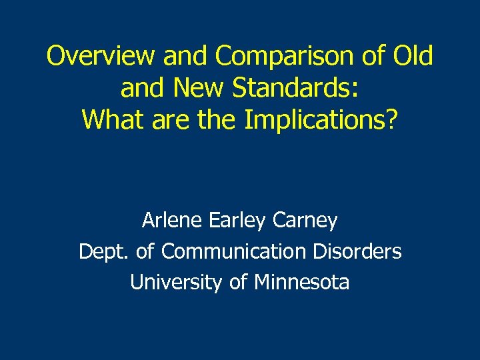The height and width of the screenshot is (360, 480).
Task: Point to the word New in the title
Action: pyautogui.click(x=188, y=88)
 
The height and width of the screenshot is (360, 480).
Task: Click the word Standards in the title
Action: pyautogui.click(x=293, y=88)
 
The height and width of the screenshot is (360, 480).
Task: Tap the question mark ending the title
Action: pyautogui.click(x=392, y=119)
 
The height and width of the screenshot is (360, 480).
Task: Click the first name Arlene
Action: pyautogui.click(x=172, y=220)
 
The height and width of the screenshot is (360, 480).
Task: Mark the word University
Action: pyautogui.click(x=176, y=282)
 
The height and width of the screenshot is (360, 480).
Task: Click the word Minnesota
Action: pyautogui.click(x=301, y=282)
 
